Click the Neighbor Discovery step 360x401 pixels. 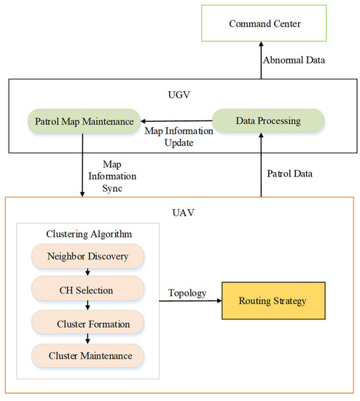87,257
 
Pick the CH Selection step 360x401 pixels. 87,290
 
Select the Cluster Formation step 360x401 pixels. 87,323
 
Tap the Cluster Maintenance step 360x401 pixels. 87,355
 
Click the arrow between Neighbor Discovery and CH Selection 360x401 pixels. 87,274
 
